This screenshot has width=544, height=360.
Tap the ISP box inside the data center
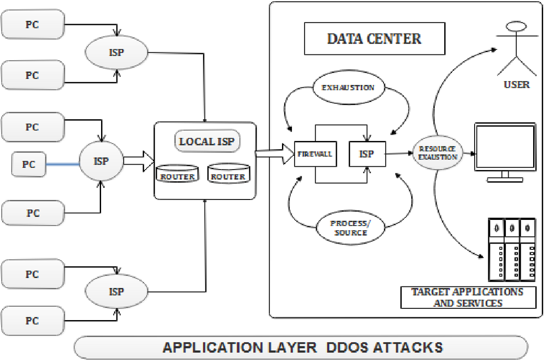click(x=367, y=154)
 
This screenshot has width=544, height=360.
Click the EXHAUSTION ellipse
click(x=348, y=87)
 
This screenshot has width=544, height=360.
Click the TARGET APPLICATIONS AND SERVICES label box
click(x=467, y=297)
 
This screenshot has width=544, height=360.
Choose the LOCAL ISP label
click(x=207, y=141)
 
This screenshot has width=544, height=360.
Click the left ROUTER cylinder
click(x=178, y=174)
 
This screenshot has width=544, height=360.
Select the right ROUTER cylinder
click(x=228, y=174)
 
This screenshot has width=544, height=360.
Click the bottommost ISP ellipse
click(x=117, y=292)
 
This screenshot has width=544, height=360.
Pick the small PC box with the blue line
click(x=29, y=163)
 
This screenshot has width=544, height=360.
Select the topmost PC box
click(x=32, y=24)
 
